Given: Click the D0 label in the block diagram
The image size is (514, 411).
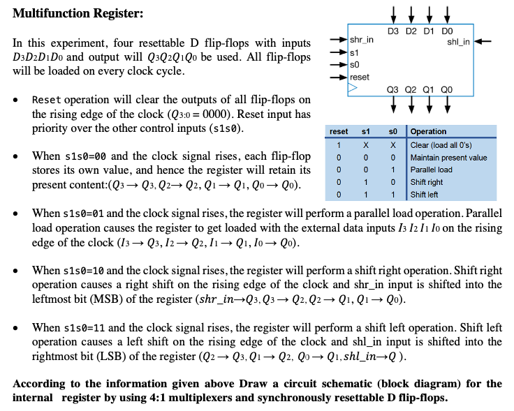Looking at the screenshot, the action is tap(447, 31).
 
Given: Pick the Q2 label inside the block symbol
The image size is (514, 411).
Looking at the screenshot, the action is tap(411, 89).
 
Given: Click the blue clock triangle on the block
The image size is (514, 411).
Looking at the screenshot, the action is tap(352, 88).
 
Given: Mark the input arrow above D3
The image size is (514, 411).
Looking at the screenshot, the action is tap(394, 14).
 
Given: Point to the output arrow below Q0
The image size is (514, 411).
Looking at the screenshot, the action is tap(447, 105).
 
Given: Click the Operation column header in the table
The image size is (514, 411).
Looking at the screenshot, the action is tap(429, 131).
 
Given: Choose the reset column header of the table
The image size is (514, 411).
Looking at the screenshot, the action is tap(339, 131).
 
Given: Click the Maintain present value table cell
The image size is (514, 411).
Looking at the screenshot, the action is tap(448, 157).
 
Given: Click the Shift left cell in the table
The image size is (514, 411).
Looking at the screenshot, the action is tap(425, 195).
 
